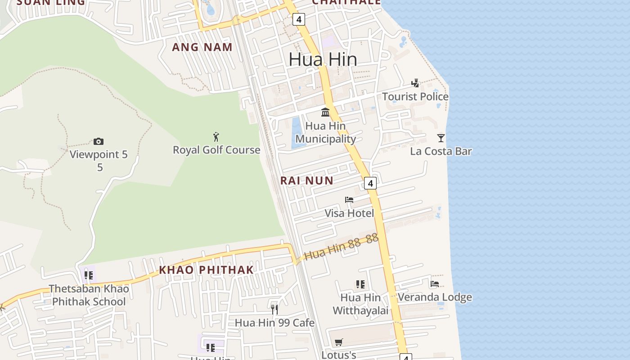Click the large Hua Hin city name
(323, 59)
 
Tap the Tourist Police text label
(415, 97)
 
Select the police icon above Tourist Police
(415, 83)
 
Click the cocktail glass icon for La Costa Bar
(441, 138)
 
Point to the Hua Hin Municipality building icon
(325, 112)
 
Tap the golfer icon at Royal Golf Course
(216, 136)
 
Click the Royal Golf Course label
(216, 150)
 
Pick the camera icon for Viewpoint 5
(99, 141)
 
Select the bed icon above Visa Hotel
(349, 199)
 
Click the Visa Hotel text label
(349, 213)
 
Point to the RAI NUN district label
(307, 181)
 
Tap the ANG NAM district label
(202, 47)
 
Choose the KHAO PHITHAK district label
(207, 270)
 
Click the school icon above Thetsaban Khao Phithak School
(89, 275)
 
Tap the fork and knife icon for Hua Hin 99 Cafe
(274, 309)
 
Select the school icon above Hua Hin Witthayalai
(360, 284)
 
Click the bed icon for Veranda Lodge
(435, 283)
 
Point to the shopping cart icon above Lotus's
(339, 342)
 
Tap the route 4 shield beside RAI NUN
(370, 183)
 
